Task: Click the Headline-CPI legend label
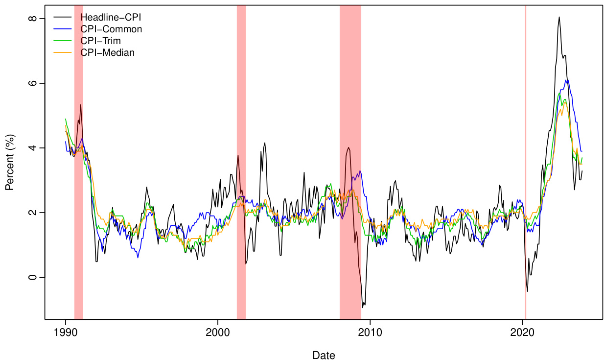pyautogui.click(x=111, y=18)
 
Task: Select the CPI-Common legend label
pyautogui.click(x=111, y=29)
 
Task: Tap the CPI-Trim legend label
pyautogui.click(x=100, y=41)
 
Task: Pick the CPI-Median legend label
pyautogui.click(x=107, y=53)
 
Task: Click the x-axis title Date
pyautogui.click(x=324, y=355)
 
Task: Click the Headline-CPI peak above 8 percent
pyautogui.click(x=559, y=17)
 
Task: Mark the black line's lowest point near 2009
pyautogui.click(x=363, y=308)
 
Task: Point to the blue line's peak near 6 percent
pyautogui.click(x=566, y=80)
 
